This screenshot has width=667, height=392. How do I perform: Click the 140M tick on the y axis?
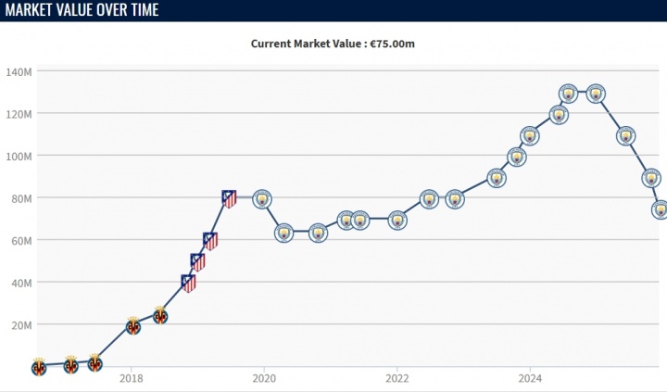[x=19, y=71]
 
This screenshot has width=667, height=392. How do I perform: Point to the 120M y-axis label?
[x=19, y=113]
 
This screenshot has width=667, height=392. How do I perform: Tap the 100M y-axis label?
[x=19, y=156]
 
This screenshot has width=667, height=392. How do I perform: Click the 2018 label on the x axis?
[x=131, y=378]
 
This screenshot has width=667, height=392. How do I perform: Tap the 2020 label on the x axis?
[x=264, y=378]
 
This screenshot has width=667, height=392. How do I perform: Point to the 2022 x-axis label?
[x=397, y=378]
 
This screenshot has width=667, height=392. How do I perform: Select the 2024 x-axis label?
[x=530, y=378]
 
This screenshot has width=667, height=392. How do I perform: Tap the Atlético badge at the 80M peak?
[x=229, y=197]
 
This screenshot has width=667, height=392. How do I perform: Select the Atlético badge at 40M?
[x=188, y=283]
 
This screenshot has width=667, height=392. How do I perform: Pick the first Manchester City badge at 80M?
[x=262, y=199]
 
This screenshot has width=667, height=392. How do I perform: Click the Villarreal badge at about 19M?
[x=133, y=326]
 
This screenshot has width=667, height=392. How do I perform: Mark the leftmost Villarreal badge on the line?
[x=38, y=367]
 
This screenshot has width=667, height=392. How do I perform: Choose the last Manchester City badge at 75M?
[x=661, y=209]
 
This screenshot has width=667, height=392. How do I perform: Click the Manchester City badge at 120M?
[x=559, y=114]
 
